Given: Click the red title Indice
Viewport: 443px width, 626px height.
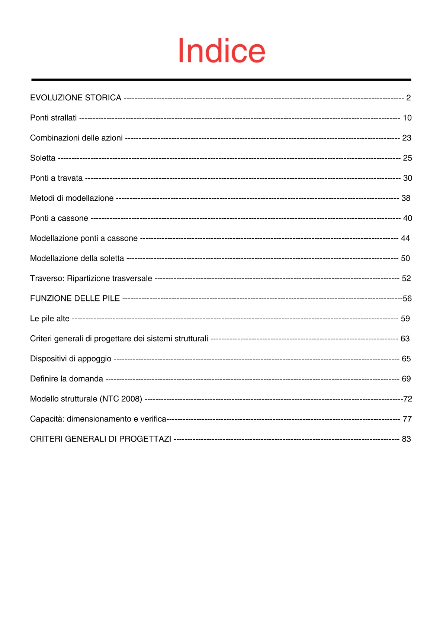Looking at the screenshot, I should point(221,51).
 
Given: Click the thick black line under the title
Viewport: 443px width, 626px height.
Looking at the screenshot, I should point(221,80).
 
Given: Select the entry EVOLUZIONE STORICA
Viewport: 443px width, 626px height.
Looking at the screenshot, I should point(76,98).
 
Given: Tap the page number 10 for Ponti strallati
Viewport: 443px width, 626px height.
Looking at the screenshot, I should point(407,118).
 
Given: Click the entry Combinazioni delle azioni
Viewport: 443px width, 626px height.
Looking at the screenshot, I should point(76,138).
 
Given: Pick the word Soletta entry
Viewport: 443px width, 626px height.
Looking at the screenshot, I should point(43,158).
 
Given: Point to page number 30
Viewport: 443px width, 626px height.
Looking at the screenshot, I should point(407,178).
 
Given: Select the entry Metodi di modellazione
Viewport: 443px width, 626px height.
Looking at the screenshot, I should point(72,198).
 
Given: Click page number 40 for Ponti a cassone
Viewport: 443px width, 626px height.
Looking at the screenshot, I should point(407,218).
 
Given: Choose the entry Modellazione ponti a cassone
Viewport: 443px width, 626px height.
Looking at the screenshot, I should point(84,238).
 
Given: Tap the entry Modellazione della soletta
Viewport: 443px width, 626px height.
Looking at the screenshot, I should point(77,258).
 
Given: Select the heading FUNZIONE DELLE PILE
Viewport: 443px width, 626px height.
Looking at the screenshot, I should point(75,299).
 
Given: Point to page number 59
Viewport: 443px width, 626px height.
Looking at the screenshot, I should point(405,319).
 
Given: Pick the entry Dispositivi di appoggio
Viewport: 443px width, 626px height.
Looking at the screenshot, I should point(71,359).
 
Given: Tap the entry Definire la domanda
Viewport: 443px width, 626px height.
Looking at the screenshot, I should point(67,379).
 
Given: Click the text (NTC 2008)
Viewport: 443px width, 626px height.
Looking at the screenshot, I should point(121,399).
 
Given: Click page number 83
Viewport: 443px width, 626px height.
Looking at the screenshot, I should point(406,439).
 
